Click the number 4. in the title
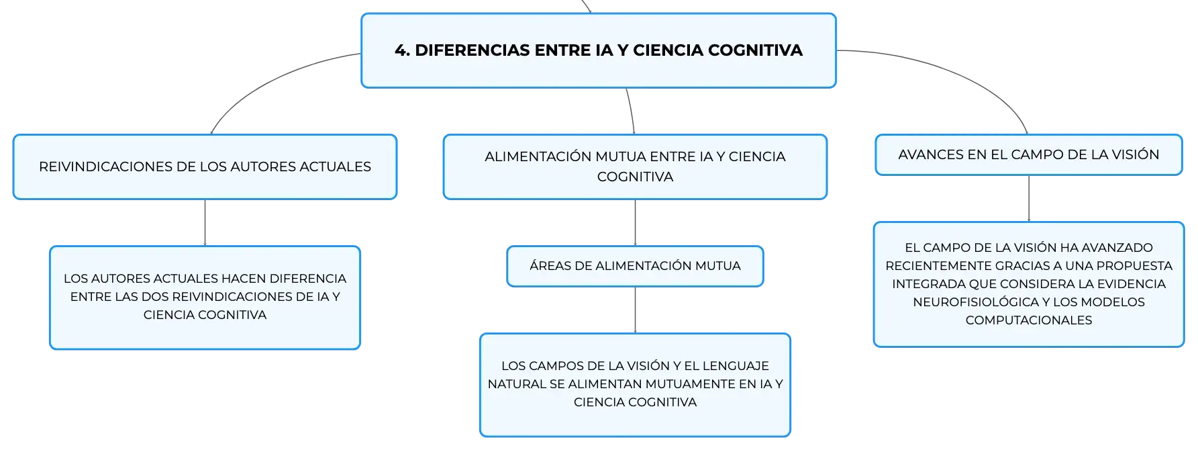click(x=402, y=50)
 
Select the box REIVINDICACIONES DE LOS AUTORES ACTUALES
click(x=205, y=167)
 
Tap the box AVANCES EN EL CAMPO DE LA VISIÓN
click(x=1029, y=154)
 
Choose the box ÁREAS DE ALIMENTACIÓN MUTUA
click(x=635, y=266)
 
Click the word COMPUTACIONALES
click(x=1029, y=320)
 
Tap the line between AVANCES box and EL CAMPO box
click(x=1029, y=199)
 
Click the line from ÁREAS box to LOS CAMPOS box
click(x=635, y=310)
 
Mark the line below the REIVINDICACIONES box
click(x=205, y=223)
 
